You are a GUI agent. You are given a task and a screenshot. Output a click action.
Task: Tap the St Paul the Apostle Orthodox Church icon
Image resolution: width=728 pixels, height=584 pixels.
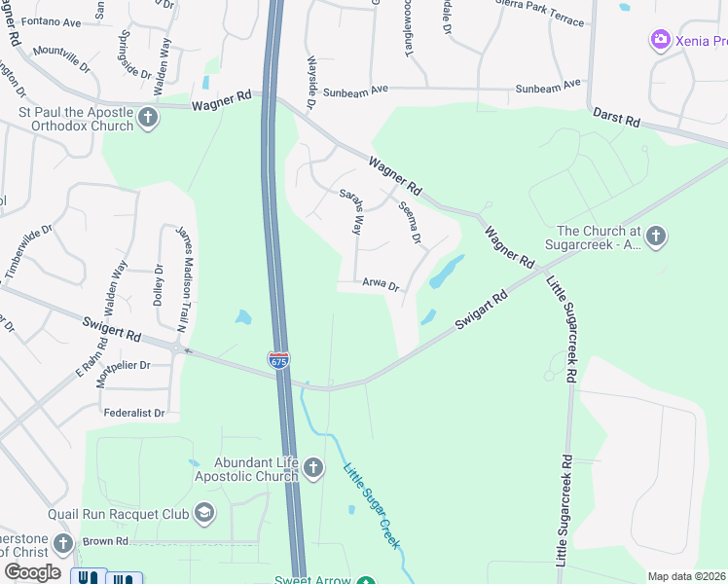(148, 119)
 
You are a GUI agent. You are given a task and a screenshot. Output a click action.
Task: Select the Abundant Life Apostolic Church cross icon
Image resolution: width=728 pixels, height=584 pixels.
(313, 469)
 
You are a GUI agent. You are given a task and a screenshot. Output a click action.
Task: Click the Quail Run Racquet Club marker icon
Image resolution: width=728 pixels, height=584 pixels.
(203, 512)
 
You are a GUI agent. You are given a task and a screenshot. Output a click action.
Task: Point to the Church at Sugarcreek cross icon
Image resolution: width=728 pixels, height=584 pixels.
(656, 236)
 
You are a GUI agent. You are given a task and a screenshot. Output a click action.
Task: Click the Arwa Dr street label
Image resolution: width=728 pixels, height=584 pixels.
(381, 285)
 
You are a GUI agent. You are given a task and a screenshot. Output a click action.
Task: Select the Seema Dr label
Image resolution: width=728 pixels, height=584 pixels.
(410, 223)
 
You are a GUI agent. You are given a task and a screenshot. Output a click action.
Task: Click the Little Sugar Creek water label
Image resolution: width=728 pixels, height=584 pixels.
(372, 506)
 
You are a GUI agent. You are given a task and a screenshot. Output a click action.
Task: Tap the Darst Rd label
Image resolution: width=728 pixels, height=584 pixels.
(618, 120)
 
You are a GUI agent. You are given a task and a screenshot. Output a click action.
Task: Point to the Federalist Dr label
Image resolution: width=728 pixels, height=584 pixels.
(134, 413)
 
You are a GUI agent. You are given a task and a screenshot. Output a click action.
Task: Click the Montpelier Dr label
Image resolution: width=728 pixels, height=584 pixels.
(118, 365)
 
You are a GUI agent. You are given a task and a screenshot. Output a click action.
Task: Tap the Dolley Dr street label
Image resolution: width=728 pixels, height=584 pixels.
(159, 284)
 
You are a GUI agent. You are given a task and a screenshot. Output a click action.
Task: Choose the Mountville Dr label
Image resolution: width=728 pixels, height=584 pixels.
(60, 59)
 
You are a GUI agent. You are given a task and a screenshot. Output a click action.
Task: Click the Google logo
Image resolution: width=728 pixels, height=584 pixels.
(32, 572)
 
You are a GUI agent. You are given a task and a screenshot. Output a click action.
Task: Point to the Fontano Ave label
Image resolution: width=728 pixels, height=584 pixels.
(51, 21)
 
